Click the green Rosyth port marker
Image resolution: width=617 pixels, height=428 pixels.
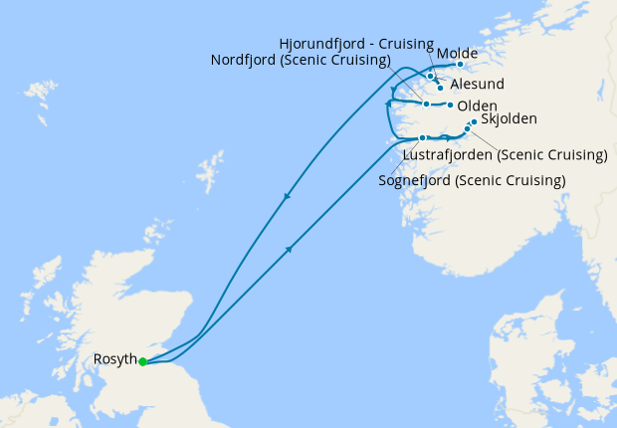143,361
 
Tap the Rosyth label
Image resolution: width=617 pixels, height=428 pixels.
115,360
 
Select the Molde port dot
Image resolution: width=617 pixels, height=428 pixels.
460,65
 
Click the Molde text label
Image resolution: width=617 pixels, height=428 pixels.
457,53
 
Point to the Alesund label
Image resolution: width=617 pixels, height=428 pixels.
477,85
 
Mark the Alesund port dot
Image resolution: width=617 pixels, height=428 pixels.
440,88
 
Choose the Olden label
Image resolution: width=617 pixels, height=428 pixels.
477,106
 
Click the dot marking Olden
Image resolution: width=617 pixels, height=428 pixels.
451,105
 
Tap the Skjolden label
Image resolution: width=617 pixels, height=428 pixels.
509,119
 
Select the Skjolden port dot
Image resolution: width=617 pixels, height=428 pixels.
474,122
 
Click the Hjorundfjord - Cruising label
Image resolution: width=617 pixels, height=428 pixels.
356,44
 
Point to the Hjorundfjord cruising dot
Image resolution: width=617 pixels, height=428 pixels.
430,76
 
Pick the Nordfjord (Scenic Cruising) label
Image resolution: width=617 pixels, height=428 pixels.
300,61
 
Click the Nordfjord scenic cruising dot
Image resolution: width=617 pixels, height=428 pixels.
426,104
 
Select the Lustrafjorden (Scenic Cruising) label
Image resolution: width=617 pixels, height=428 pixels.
505,155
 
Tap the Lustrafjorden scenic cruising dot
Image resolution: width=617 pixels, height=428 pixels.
467,129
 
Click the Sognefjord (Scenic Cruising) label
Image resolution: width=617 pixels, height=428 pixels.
472,180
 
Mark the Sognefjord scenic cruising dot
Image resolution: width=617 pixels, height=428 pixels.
423,137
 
